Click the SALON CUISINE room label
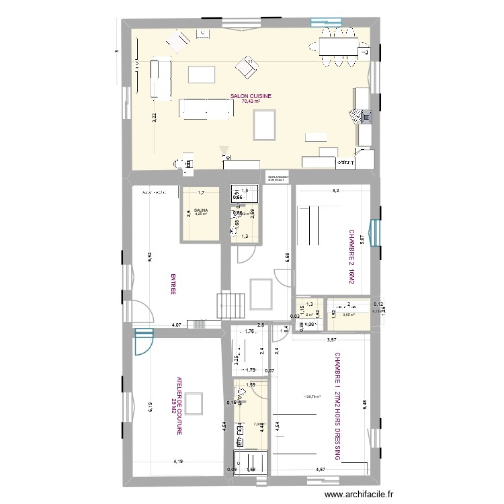[251, 96]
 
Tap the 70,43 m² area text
[251, 101]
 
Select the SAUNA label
[201, 210]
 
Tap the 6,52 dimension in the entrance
[151, 256]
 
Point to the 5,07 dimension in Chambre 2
[361, 239]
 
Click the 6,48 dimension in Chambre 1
[365, 407]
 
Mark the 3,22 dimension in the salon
[154, 116]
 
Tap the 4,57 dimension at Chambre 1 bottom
[323, 470]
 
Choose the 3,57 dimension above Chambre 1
[332, 340]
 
